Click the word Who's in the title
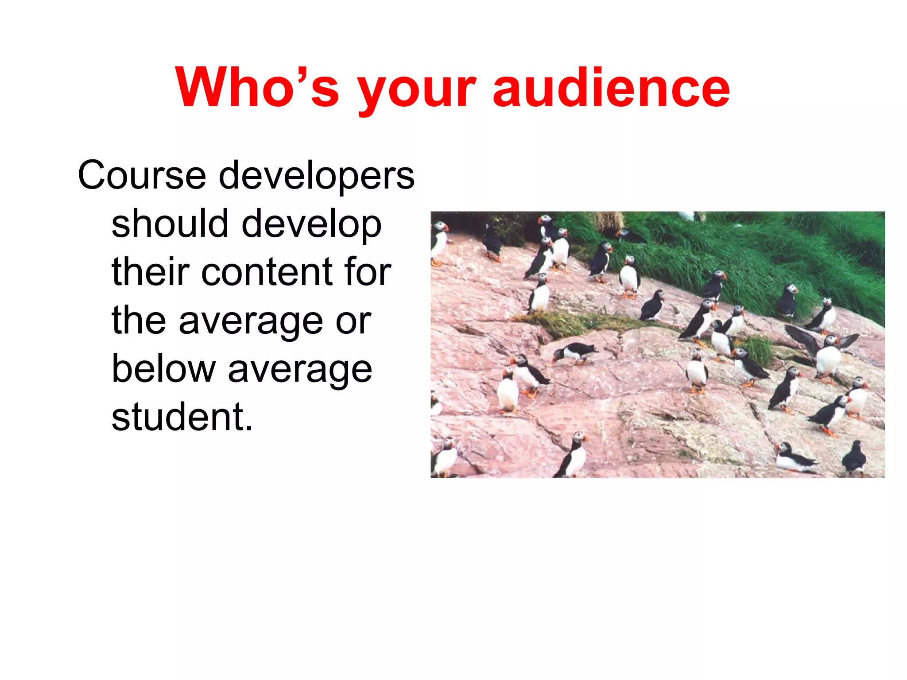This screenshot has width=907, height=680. (x=257, y=87)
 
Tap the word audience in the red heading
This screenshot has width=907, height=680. (x=611, y=87)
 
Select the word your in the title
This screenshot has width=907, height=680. (x=416, y=91)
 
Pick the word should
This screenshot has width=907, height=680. (x=170, y=224)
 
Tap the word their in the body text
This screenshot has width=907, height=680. (x=151, y=272)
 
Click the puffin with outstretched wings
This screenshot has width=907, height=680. (x=824, y=352)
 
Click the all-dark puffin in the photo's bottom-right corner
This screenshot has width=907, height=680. (x=854, y=458)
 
